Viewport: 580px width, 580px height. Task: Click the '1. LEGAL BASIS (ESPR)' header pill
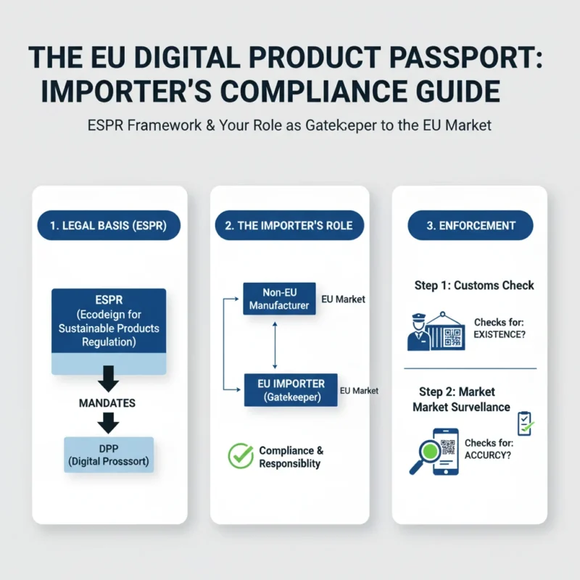(108, 225)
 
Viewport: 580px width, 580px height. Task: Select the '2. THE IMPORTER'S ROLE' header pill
(289, 225)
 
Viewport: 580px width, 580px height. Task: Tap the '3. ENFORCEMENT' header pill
(471, 225)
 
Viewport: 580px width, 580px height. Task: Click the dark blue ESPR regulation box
(109, 322)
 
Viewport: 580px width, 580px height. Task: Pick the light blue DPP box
(109, 455)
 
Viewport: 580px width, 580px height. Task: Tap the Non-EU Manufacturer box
(279, 299)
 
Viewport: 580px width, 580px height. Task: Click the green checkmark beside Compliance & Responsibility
(241, 455)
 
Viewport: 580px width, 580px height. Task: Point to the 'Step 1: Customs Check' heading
(474, 285)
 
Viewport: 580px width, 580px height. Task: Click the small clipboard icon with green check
(523, 423)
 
